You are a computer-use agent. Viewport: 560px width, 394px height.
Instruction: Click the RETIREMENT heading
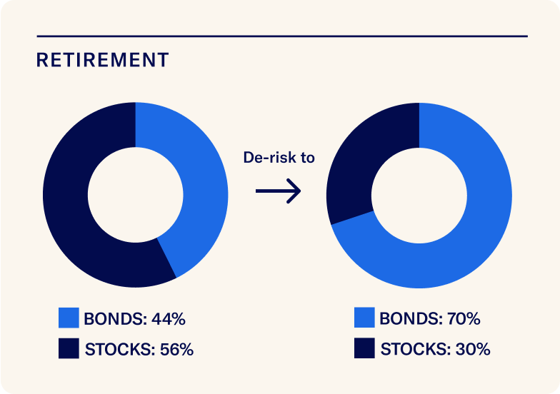pos(102,60)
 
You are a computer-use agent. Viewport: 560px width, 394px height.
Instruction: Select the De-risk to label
pos(279,158)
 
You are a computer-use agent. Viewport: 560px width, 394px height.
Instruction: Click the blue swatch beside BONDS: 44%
pos(69,318)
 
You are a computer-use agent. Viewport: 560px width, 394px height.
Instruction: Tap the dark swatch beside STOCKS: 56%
pos(69,349)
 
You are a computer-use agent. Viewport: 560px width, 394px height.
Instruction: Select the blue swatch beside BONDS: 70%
pos(364,318)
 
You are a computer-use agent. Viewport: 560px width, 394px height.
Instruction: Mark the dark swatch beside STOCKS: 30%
pos(364,349)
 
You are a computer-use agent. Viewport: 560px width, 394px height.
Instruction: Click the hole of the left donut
pos(135,195)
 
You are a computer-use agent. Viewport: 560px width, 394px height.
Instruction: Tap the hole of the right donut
pos(419,195)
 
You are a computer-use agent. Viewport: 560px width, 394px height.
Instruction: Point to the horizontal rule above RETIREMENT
pos(281,36)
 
